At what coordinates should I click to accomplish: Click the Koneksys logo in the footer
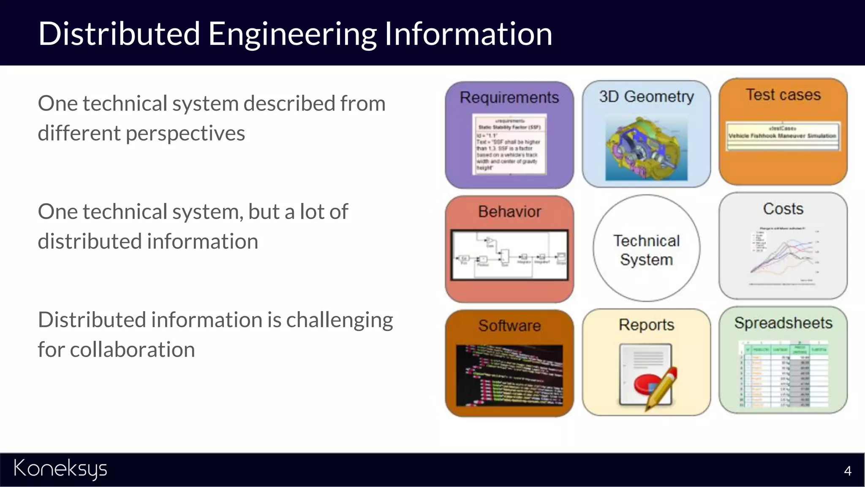(x=60, y=469)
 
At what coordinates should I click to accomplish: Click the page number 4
(x=847, y=471)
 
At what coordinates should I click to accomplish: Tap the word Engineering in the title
(x=292, y=34)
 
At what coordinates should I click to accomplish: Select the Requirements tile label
(x=509, y=97)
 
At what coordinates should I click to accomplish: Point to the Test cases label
(x=783, y=95)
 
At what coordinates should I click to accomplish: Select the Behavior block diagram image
(x=509, y=255)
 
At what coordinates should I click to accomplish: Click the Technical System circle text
(x=646, y=250)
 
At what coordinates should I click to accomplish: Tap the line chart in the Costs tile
(x=784, y=256)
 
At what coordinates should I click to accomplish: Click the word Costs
(x=783, y=209)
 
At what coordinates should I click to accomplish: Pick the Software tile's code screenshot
(x=509, y=375)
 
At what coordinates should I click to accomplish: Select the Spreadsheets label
(x=783, y=323)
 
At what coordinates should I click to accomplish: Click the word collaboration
(x=132, y=350)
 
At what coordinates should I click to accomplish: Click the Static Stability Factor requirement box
(x=509, y=144)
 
